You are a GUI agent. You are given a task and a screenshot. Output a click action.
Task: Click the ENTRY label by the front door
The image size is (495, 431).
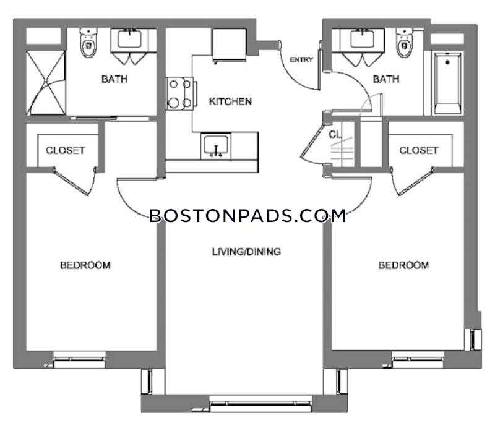(301, 59)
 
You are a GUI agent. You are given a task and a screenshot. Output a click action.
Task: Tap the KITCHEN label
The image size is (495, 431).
(230, 101)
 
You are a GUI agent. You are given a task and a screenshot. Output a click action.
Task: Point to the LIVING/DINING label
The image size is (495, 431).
(246, 252)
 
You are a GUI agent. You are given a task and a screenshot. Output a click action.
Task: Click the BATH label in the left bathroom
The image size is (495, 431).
(114, 79)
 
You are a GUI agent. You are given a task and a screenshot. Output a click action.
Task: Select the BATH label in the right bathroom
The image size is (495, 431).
(386, 79)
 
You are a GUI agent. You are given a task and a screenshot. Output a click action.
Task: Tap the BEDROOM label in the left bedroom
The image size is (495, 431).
(85, 265)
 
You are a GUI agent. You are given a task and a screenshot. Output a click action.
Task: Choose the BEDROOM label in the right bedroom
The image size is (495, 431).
(404, 265)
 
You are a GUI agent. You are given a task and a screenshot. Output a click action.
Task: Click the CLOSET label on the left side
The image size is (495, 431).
(66, 150)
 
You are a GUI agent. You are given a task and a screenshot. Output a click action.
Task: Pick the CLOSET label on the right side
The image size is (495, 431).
(419, 150)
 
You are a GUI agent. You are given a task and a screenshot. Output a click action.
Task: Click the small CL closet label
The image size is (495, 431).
(335, 134)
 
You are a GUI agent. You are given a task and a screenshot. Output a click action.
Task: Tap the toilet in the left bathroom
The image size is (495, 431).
(88, 43)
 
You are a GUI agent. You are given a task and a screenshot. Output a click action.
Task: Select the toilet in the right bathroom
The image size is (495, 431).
(405, 43)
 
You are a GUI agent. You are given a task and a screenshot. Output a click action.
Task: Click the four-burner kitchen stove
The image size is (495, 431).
(179, 94)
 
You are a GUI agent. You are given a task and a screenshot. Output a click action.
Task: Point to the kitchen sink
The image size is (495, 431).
(216, 146)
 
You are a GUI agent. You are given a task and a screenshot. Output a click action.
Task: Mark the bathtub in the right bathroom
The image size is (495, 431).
(447, 83)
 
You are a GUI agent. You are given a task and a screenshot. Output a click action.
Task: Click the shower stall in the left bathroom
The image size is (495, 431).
(46, 83)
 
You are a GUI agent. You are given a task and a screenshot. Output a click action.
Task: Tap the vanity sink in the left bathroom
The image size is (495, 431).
(129, 40)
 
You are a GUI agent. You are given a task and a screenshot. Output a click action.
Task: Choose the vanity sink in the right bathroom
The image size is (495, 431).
(363, 40)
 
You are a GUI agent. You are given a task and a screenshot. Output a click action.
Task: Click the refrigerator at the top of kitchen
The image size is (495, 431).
(230, 45)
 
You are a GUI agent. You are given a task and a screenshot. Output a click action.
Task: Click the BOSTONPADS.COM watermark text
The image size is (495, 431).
(248, 216)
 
